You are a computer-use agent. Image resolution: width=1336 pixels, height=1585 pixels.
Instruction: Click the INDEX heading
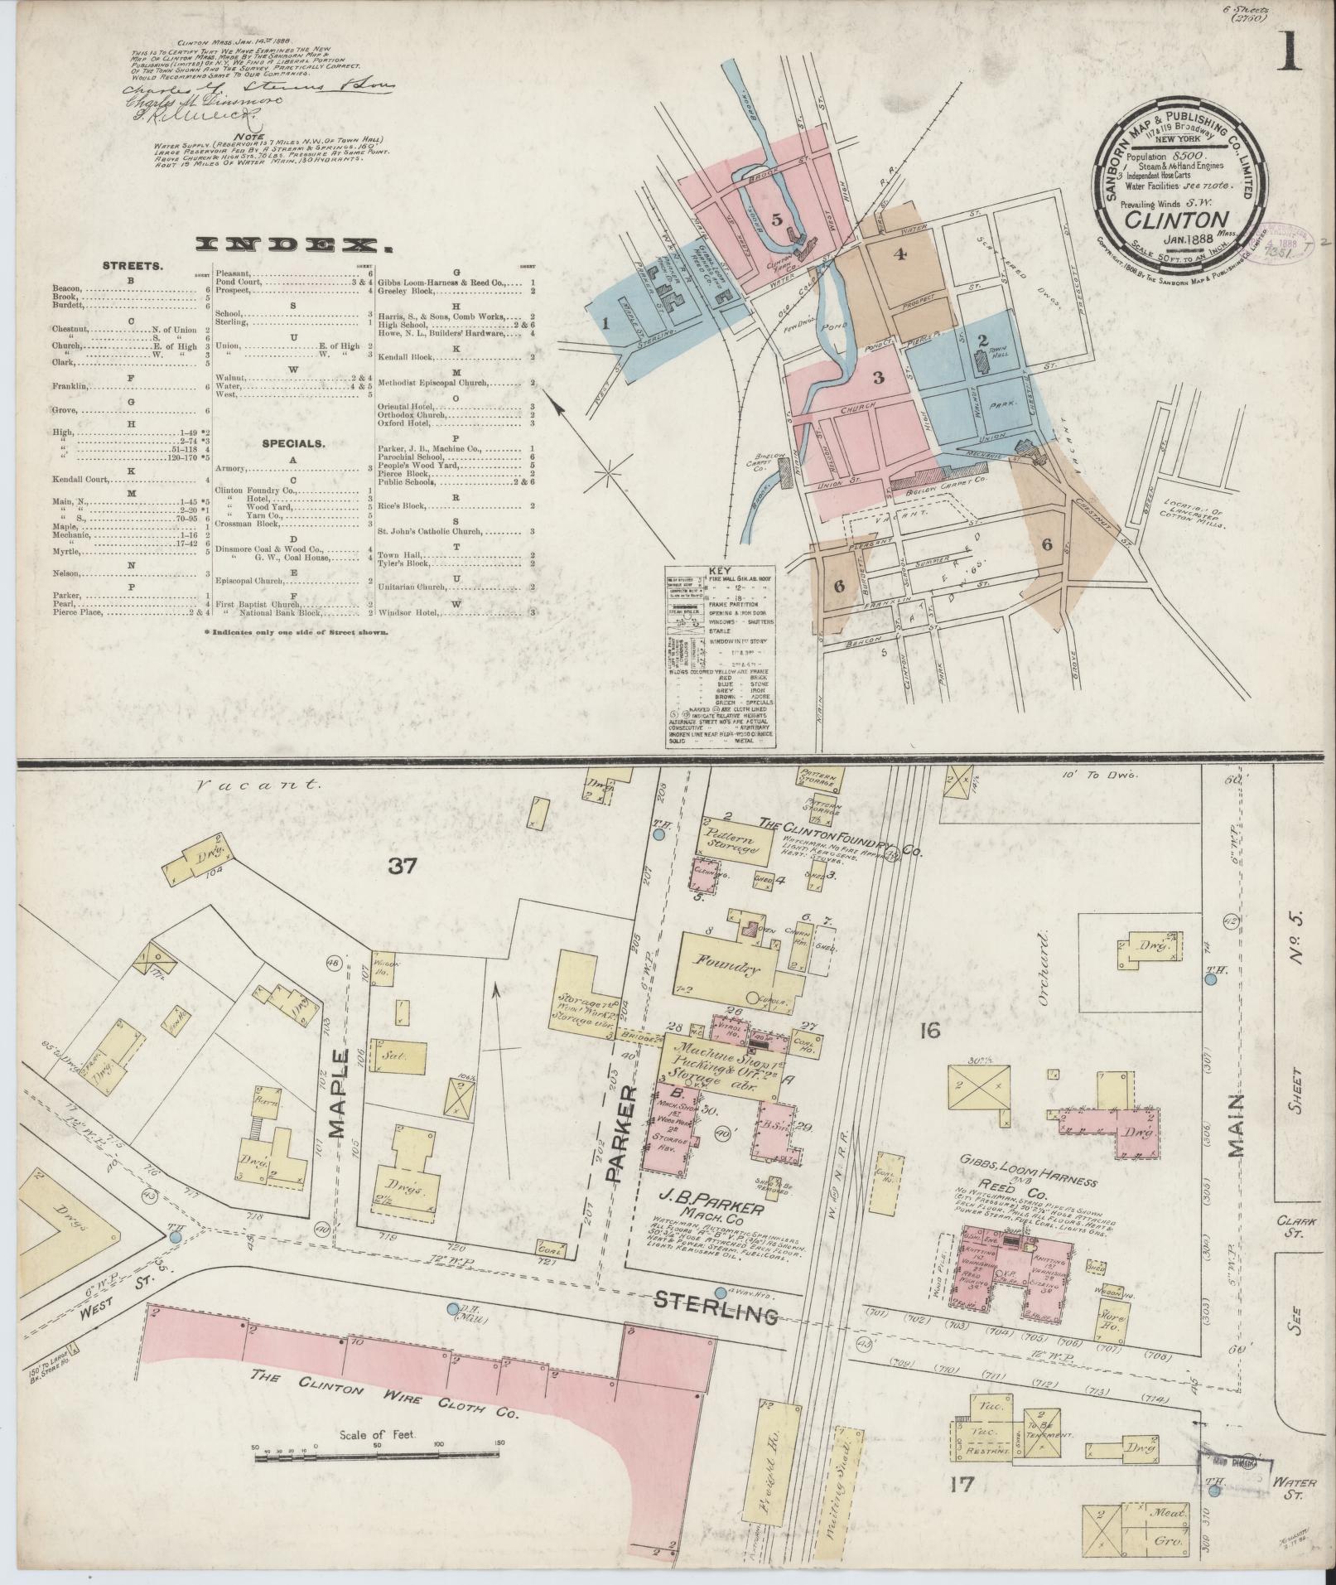coord(293,244)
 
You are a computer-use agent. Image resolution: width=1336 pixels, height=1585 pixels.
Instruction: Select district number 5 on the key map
coord(776,219)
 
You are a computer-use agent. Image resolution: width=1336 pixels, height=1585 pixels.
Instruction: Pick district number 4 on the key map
coord(900,254)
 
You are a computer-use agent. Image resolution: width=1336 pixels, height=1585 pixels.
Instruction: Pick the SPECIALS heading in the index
coord(293,443)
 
